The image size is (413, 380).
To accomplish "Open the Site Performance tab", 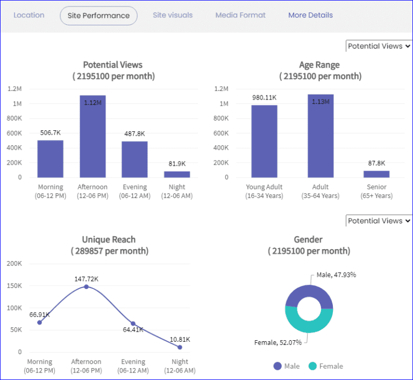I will coord(98,16).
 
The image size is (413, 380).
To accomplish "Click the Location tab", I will coord(29,15).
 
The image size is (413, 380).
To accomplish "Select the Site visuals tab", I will coord(173,15).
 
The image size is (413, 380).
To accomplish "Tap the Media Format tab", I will coord(240,15).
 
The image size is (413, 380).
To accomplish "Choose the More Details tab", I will coord(310,15).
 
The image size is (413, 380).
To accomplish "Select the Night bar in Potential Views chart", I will coord(177,174).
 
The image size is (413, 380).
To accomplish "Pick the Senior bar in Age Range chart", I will coord(376,174).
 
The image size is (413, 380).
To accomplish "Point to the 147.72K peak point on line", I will coord(86,286).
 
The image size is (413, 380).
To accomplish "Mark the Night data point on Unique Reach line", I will coord(180,347).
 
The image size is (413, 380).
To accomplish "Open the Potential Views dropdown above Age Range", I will coord(379,46).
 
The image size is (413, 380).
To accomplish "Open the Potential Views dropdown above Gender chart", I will coord(379,221).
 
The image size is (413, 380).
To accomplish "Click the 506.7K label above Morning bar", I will coord(50,132).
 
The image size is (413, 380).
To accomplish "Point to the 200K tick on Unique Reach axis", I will coord(14,263).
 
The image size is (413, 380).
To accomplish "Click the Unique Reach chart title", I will coord(109,240).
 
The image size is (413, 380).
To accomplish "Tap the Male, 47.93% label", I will coord(336,275).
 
